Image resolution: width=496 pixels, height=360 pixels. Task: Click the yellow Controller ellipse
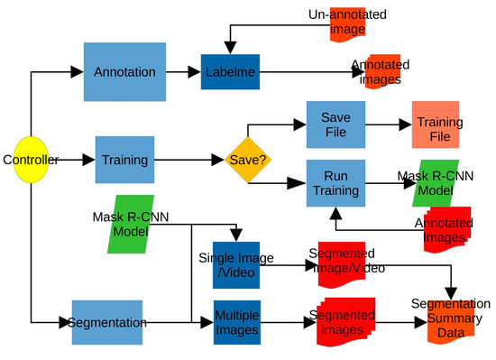[30, 161]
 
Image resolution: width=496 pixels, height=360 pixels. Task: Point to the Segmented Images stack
[342, 322]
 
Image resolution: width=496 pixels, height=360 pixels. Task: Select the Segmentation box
[107, 322]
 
